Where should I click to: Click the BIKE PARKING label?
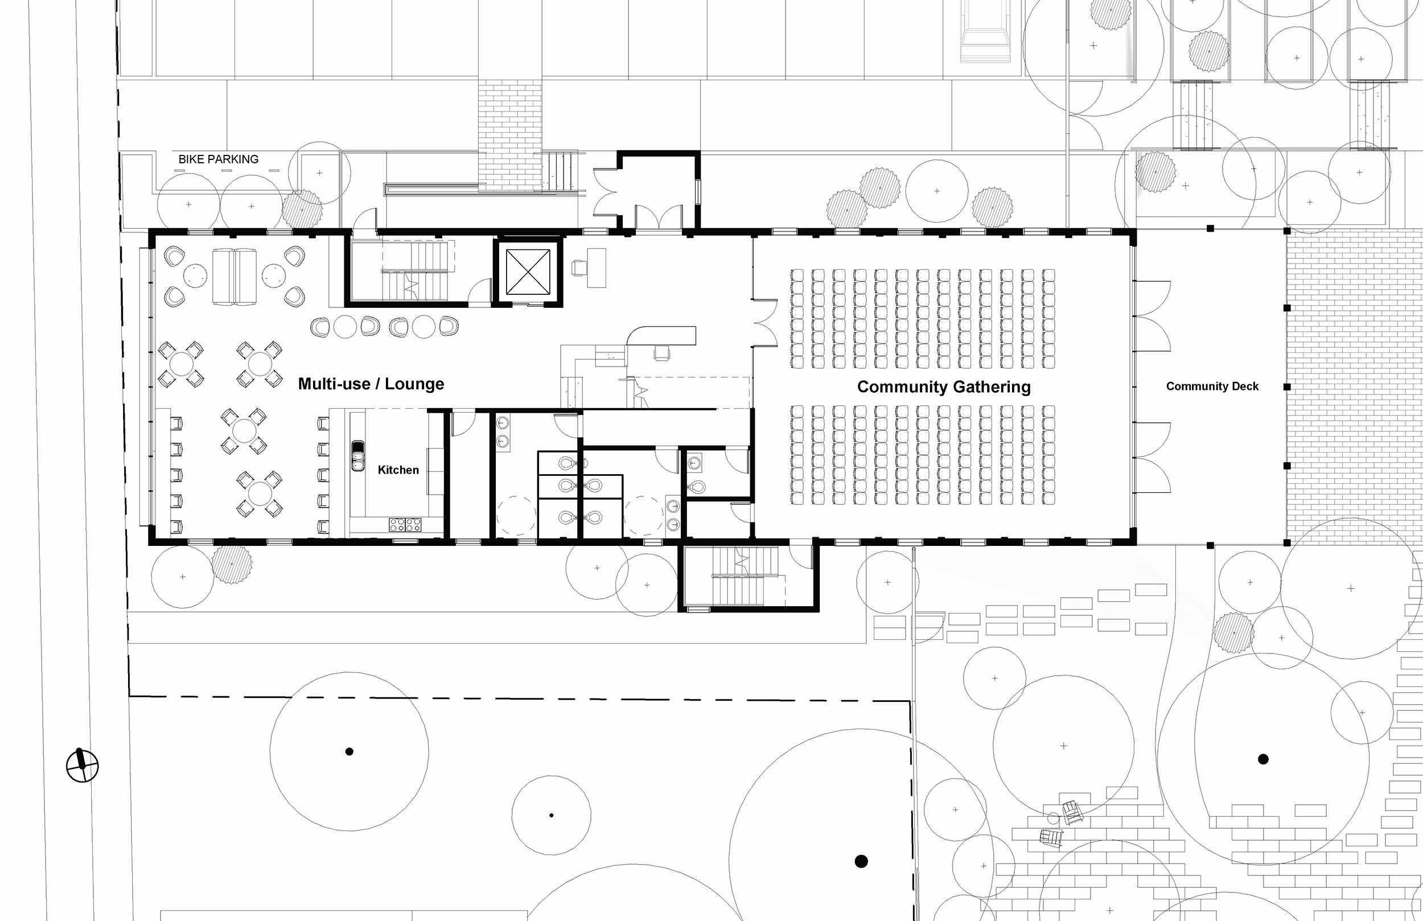pyautogui.click(x=218, y=159)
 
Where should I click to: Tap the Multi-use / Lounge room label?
pyautogui.click(x=371, y=384)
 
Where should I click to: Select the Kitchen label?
pyautogui.click(x=398, y=470)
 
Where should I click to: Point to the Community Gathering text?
pyautogui.click(x=944, y=387)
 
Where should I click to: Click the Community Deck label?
pyautogui.click(x=1212, y=387)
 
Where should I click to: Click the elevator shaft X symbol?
pyautogui.click(x=528, y=272)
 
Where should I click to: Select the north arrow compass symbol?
pyautogui.click(x=82, y=765)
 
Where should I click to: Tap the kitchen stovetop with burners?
pyautogui.click(x=405, y=525)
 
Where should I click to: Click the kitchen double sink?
pyautogui.click(x=357, y=457)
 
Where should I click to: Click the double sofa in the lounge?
pyautogui.click(x=235, y=277)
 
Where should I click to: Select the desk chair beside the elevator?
pyautogui.click(x=579, y=267)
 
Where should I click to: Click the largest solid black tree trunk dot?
pyautogui.click(x=861, y=861)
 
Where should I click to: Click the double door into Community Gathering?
pyautogui.click(x=764, y=323)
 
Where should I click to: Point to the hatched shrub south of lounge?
pyautogui.click(x=232, y=564)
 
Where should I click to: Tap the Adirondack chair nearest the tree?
pyautogui.click(x=1072, y=813)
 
